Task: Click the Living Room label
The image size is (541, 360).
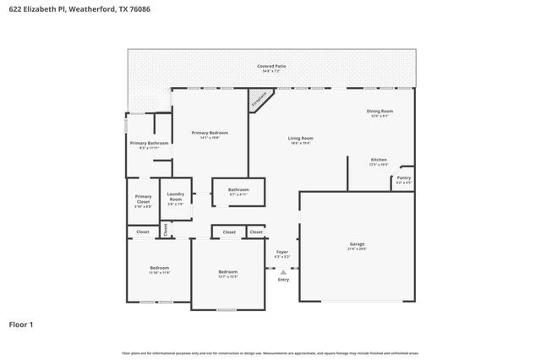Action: click(x=300, y=138)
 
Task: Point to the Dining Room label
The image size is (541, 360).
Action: click(x=379, y=111)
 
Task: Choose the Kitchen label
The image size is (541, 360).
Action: click(x=379, y=160)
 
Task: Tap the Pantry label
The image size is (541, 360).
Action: click(x=403, y=177)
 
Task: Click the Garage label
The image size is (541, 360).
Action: click(x=357, y=244)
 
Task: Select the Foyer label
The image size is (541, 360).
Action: click(x=282, y=252)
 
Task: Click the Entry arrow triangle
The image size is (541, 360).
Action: click(x=282, y=271)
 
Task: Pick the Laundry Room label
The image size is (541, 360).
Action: click(x=175, y=199)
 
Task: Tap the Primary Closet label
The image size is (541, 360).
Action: click(x=143, y=199)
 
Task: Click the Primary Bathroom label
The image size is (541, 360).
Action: click(x=149, y=144)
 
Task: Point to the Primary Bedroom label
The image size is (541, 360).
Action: click(x=209, y=133)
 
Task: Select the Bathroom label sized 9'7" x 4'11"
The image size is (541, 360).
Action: click(x=238, y=190)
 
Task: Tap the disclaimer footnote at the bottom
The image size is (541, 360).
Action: click(x=270, y=352)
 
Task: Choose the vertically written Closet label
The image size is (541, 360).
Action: click(x=166, y=229)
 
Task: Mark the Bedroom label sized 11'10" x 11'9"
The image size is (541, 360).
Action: click(x=160, y=268)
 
